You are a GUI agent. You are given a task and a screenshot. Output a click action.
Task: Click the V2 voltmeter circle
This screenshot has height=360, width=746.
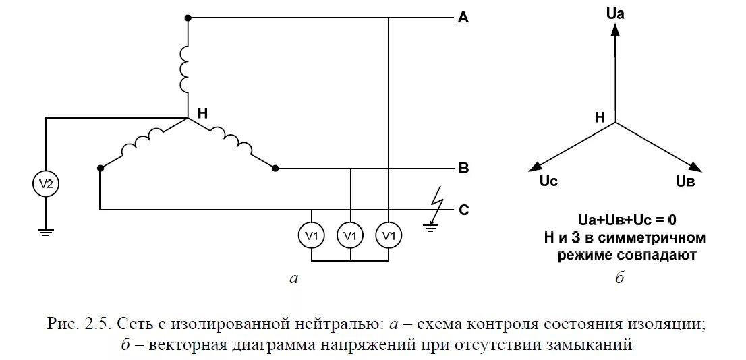click(46, 184)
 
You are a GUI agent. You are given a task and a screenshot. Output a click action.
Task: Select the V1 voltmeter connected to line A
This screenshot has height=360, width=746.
click(389, 235)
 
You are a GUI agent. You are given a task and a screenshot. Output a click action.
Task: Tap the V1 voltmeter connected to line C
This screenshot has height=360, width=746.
click(312, 235)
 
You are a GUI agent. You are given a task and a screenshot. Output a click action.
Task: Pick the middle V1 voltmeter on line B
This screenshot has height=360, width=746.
click(350, 235)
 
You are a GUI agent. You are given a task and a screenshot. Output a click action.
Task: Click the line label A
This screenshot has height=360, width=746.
click(463, 18)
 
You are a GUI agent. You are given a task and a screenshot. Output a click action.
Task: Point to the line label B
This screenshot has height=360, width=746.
click(463, 168)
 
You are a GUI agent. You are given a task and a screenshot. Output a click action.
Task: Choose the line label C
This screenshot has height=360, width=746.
click(463, 210)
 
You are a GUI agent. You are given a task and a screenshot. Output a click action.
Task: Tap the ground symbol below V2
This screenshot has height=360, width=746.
click(46, 233)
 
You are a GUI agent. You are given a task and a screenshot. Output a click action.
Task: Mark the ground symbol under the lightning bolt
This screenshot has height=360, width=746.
click(432, 228)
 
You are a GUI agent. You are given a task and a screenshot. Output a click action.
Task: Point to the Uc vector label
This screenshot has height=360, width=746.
click(548, 181)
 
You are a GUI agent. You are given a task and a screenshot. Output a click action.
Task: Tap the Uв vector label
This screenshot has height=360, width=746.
click(685, 181)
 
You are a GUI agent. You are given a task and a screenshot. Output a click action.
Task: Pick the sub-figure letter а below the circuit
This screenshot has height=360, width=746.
click(292, 278)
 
